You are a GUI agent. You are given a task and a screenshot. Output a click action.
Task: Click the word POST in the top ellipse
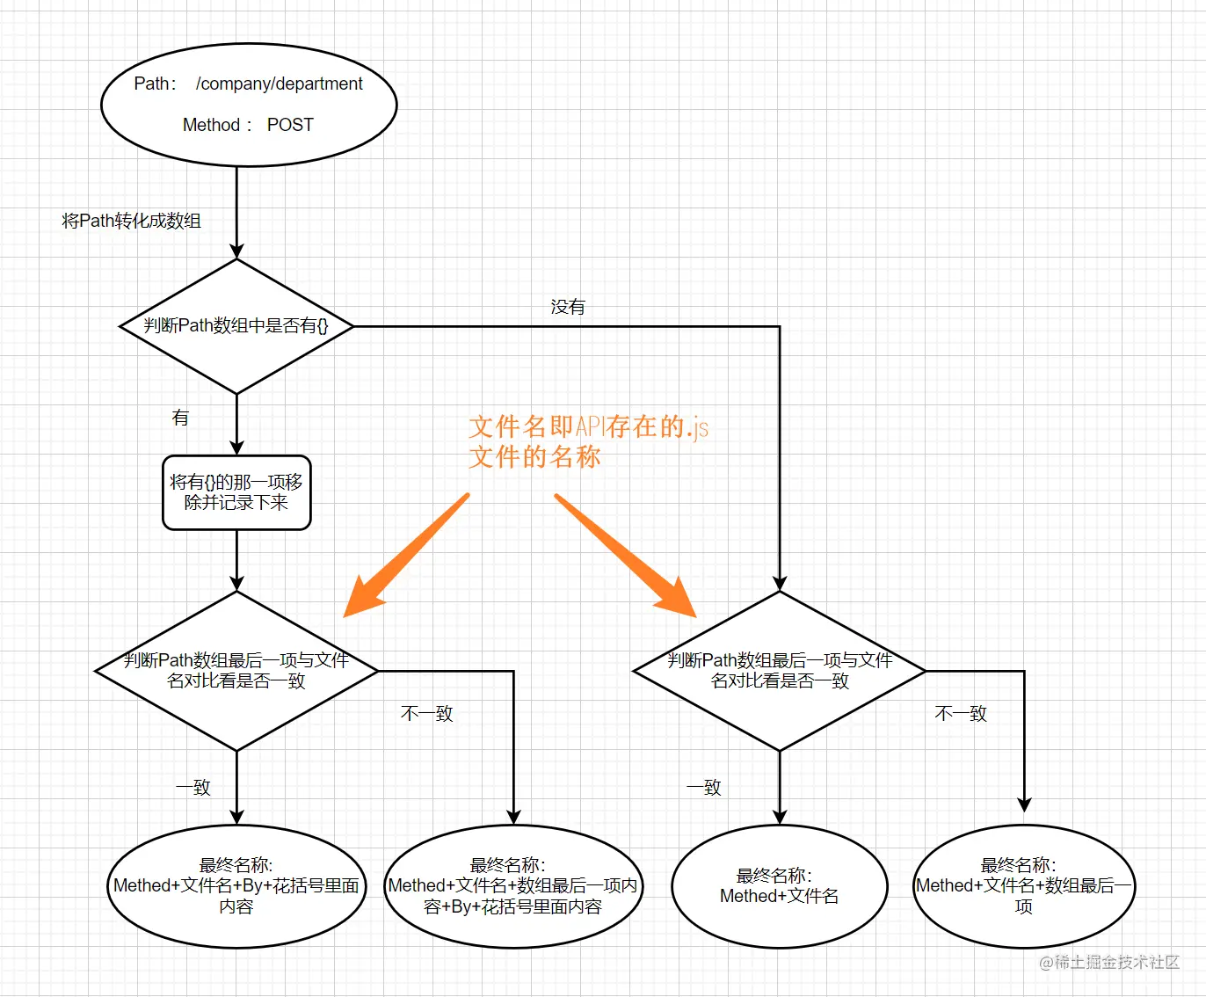click(x=290, y=125)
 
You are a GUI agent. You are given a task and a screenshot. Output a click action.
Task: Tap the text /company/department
click(x=279, y=84)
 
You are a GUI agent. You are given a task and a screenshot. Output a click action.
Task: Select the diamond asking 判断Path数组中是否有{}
click(x=236, y=326)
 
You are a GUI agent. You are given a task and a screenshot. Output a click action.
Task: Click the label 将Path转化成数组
click(x=132, y=221)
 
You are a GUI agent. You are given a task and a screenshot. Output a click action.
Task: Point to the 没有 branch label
click(x=568, y=307)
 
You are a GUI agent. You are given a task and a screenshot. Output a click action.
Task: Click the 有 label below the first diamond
click(x=180, y=418)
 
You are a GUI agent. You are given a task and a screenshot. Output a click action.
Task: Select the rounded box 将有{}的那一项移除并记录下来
click(x=236, y=492)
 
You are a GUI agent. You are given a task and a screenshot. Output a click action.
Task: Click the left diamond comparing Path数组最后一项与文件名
click(x=236, y=671)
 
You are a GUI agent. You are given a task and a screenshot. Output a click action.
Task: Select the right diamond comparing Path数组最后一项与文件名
click(x=780, y=671)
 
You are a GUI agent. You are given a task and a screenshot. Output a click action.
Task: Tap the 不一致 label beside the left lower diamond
click(x=427, y=713)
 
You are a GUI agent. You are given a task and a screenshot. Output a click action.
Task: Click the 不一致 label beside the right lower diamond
click(x=961, y=713)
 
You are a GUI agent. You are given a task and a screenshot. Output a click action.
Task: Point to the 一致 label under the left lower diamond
click(x=193, y=787)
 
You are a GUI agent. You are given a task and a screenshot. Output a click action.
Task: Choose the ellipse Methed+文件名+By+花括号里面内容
click(x=236, y=886)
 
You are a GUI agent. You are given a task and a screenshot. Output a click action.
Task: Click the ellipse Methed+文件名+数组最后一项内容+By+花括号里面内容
click(x=513, y=886)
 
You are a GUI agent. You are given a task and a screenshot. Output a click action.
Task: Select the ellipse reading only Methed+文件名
click(x=780, y=886)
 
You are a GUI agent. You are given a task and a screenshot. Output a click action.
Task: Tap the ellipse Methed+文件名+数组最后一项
click(x=1024, y=886)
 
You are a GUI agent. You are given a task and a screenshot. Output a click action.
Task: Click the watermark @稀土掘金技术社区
click(x=1109, y=963)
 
